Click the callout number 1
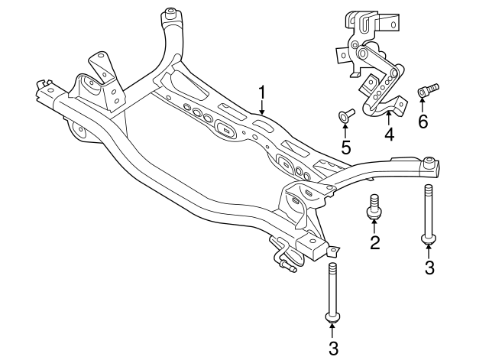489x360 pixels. [x=262, y=93]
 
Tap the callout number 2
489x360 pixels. [x=375, y=243]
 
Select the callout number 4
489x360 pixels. [x=389, y=135]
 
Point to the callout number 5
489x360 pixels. [x=345, y=147]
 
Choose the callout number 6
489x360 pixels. [x=423, y=121]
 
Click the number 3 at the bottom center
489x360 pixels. [x=332, y=349]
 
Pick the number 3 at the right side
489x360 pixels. [x=429, y=267]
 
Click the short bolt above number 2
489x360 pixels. [x=374, y=207]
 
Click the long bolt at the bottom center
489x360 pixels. [x=332, y=290]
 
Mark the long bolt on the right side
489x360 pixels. [x=429, y=214]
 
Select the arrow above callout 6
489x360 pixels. [x=423, y=106]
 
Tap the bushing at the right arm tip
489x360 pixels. [x=431, y=161]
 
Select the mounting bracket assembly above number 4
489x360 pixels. [x=369, y=65]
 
